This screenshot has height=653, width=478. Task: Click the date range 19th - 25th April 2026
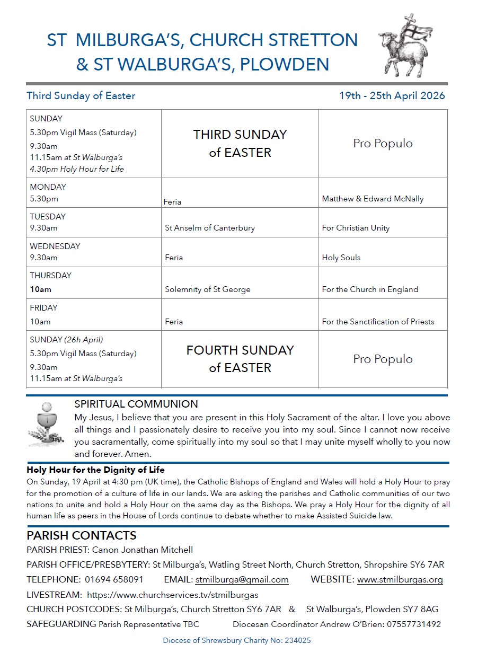tap(392, 96)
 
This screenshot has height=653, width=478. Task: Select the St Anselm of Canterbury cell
tap(210, 228)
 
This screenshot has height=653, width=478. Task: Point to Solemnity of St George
tap(208, 289)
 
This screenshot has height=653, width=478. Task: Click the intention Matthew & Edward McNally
tap(373, 199)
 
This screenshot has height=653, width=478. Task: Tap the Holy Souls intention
tap(341, 258)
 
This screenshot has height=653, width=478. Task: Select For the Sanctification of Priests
tap(378, 321)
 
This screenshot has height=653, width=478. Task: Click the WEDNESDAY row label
tap(55, 246)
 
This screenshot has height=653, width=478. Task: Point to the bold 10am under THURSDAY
tap(41, 289)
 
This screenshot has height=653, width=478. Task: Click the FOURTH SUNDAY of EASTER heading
tap(240, 359)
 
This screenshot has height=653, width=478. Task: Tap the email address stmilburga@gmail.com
tap(242, 580)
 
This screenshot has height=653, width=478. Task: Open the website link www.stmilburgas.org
tap(400, 580)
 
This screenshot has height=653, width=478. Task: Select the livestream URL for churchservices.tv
tap(172, 595)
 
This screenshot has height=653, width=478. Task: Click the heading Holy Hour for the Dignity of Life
tap(96, 470)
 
